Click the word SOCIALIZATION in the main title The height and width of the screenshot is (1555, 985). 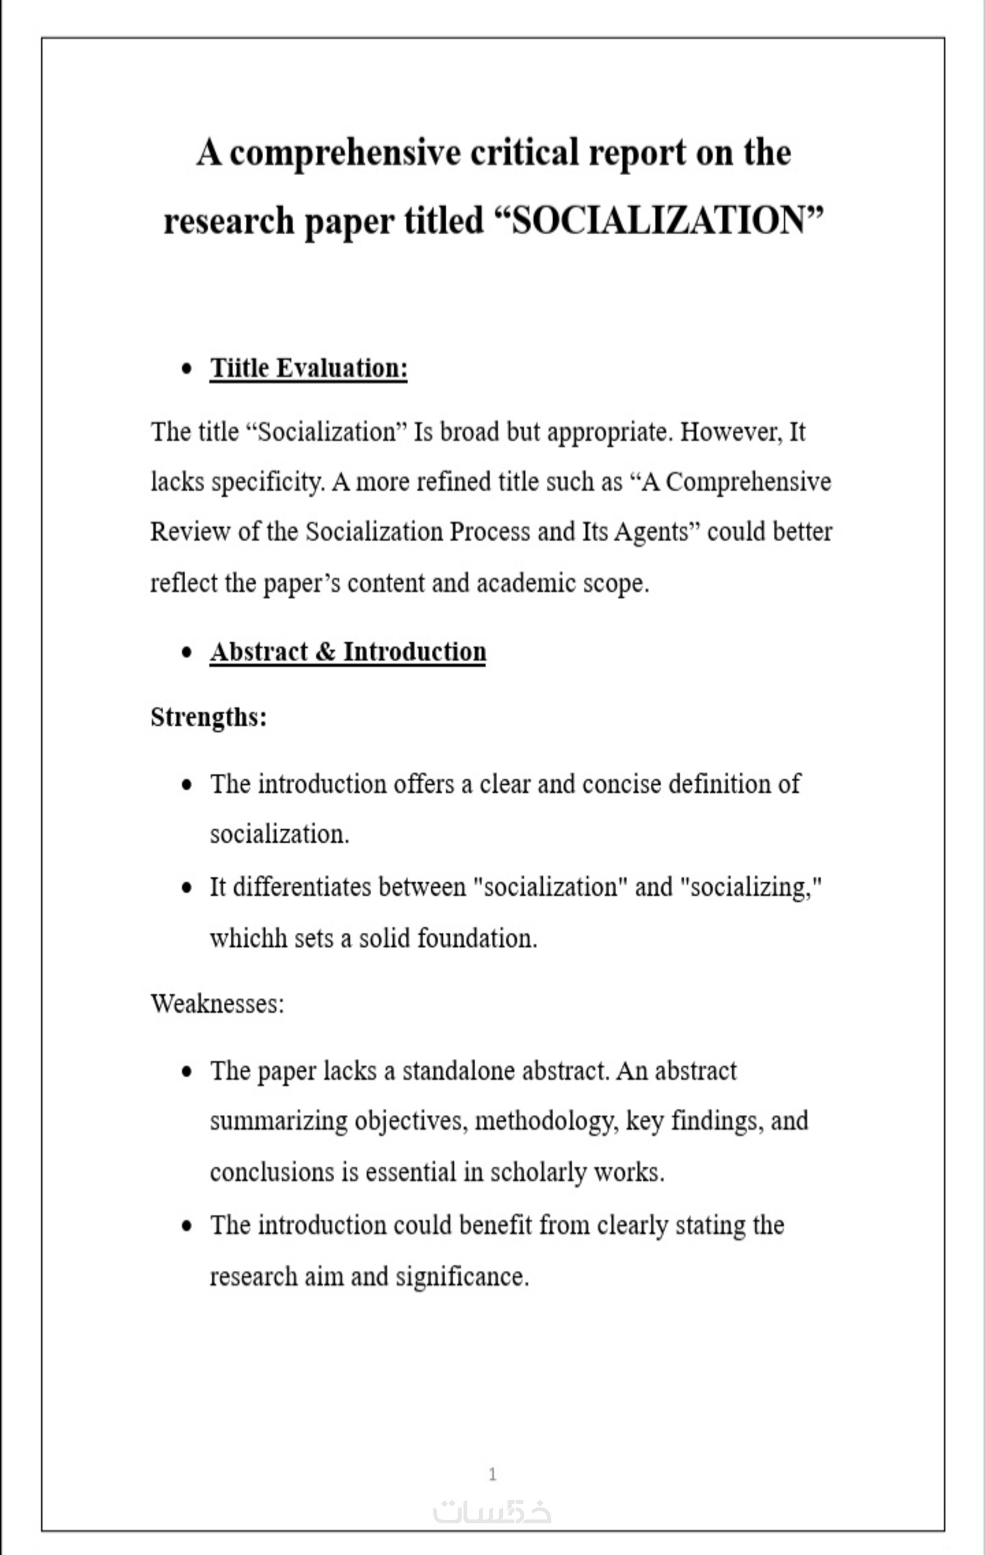659,221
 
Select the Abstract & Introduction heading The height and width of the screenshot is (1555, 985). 347,652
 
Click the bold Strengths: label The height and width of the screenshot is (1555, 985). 208,717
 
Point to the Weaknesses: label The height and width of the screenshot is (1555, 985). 217,1003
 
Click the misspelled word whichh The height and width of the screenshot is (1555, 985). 248,938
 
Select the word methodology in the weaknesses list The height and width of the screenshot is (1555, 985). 543,1121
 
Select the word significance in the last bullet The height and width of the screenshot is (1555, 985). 462,1277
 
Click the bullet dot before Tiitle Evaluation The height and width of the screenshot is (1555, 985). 187,369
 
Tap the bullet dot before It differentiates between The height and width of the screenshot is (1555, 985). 187,888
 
